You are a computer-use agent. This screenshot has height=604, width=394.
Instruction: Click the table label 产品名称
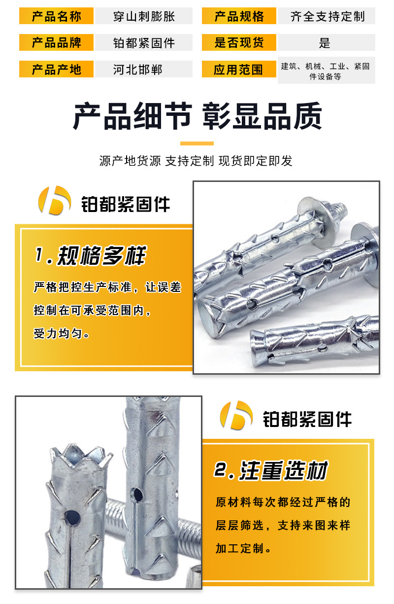pyautogui.click(x=56, y=16)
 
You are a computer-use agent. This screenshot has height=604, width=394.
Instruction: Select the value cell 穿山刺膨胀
pyautogui.click(x=144, y=16)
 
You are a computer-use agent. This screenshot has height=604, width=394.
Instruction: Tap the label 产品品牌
pyautogui.click(x=56, y=42)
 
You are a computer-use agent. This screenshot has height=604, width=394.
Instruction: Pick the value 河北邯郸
pyautogui.click(x=137, y=70)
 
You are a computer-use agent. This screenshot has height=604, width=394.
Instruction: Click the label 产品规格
pyautogui.click(x=239, y=16)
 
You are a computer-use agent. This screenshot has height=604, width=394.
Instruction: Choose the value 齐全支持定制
pyautogui.click(x=328, y=16)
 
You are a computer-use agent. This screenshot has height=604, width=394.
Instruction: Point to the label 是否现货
pyautogui.click(x=239, y=42)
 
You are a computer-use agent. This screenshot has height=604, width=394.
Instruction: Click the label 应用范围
pyautogui.click(x=238, y=70)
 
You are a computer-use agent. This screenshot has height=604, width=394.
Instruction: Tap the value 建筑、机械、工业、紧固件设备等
pyautogui.click(x=325, y=71)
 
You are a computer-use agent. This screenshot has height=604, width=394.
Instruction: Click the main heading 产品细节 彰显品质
pyautogui.click(x=197, y=116)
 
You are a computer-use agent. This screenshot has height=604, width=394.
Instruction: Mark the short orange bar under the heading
pyautogui.click(x=197, y=143)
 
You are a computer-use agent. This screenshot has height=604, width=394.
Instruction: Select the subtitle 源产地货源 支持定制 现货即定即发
pyautogui.click(x=196, y=161)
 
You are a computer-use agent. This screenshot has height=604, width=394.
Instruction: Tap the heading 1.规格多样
pyautogui.click(x=91, y=255)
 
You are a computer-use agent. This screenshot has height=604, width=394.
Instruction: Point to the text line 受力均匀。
pyautogui.click(x=61, y=333)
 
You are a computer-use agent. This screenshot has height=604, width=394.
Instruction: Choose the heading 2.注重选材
pyautogui.click(x=271, y=470)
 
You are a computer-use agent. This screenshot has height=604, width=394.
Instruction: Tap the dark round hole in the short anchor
pyautogui.click(x=72, y=517)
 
